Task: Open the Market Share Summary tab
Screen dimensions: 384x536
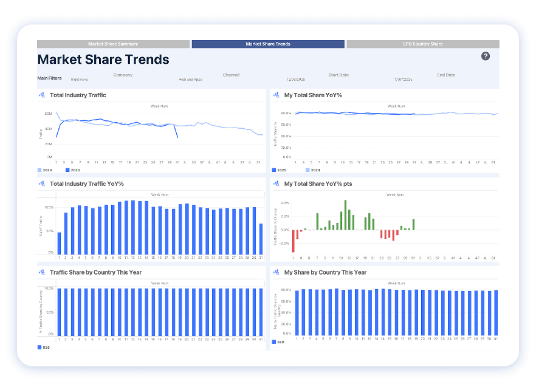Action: coord(113,44)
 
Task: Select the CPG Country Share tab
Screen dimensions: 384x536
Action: coord(422,44)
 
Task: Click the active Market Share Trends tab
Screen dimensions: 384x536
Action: coord(268,44)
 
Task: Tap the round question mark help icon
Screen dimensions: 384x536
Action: coord(486,56)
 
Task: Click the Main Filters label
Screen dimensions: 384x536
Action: coord(49,78)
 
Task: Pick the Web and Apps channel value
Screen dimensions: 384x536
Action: coord(190,80)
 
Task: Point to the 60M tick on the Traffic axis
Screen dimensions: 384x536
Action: coord(48,114)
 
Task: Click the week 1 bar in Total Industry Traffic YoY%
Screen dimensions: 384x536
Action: coord(59,242)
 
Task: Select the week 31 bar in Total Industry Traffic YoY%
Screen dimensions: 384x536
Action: coord(261,239)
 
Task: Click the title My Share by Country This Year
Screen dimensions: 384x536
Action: coord(325,272)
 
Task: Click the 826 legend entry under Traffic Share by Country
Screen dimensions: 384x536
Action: coord(44,348)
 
